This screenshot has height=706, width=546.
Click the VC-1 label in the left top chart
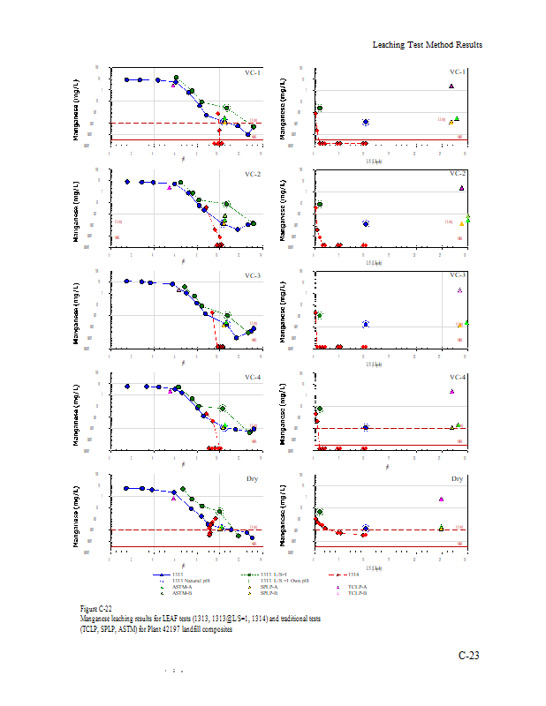(252, 73)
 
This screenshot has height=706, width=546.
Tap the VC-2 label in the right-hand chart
(458, 174)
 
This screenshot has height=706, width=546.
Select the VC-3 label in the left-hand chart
(252, 276)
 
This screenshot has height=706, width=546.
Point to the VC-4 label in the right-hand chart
(458, 378)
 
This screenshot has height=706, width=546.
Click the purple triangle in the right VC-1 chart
(451, 86)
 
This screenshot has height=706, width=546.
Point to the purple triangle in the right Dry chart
(440, 499)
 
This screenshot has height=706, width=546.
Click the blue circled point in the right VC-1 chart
(366, 122)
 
